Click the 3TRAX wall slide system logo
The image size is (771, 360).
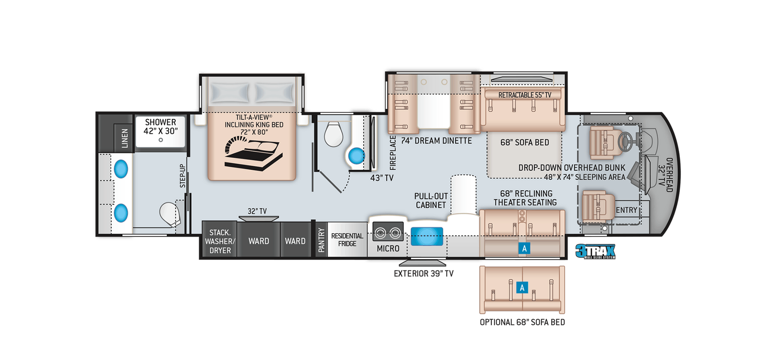click(595, 251)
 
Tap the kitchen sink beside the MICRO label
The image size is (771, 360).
click(426, 236)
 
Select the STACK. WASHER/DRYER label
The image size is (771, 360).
click(220, 241)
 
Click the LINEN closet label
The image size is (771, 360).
click(125, 138)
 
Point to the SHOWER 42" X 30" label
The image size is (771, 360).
click(160, 126)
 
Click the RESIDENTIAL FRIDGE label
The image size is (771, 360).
click(347, 240)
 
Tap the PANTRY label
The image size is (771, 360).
click(321, 240)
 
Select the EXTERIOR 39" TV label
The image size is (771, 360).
click(424, 274)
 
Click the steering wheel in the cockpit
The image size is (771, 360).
click(625, 142)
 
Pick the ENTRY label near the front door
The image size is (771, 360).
click(626, 210)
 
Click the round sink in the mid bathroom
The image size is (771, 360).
click(357, 156)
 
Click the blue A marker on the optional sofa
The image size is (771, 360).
click(522, 288)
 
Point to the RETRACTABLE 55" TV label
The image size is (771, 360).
click(525, 95)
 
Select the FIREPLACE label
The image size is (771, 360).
click(393, 153)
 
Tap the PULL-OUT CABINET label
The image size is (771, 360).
click(431, 201)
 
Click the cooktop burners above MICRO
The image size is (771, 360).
click(388, 232)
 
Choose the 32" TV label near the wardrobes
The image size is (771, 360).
click(257, 211)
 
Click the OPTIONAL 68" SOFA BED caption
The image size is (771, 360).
click(522, 322)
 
